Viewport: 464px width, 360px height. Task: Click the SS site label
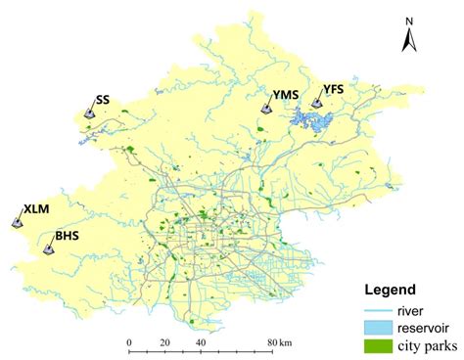pos(103,100)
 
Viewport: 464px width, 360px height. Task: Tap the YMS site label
pos(285,96)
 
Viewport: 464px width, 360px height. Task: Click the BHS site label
pos(68,236)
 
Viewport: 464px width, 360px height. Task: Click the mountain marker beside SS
pos(89,112)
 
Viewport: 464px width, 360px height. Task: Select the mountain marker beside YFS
pos(317,102)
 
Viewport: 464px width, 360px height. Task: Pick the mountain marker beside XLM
pos(18,222)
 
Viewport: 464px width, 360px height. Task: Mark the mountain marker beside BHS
pos(49,248)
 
